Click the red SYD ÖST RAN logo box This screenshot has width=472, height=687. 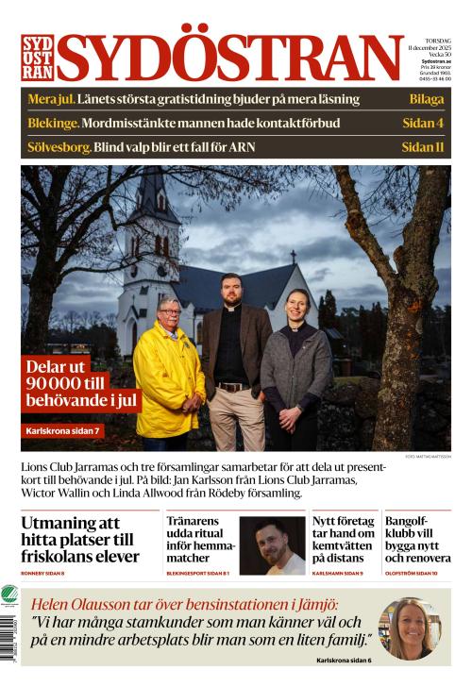coord(37,58)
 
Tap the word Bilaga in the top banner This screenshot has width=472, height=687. coord(426,99)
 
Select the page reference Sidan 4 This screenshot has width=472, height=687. coord(422,123)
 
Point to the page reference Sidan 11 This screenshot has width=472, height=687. coord(422,146)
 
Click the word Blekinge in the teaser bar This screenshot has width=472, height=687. coord(53,123)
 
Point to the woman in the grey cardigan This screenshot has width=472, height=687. coord(295,368)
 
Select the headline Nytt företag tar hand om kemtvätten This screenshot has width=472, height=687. coord(343,539)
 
